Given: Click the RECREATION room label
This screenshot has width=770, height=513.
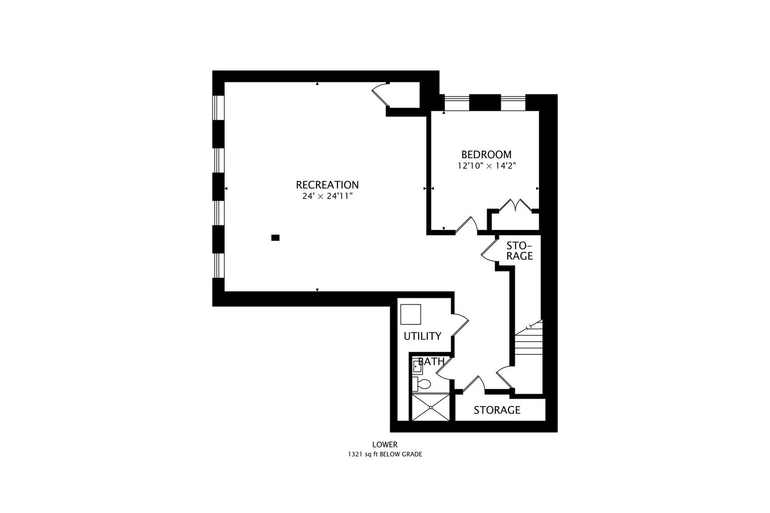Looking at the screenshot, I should click(x=327, y=185).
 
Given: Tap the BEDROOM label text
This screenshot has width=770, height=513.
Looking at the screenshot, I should click(x=486, y=154).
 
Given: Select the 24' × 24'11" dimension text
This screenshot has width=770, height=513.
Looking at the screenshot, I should click(x=327, y=196).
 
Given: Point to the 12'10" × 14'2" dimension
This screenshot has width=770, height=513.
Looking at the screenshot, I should click(x=486, y=166).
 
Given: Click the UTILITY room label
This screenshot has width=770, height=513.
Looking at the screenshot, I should click(x=422, y=336).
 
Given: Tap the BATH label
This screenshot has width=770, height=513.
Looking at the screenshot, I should click(x=432, y=361).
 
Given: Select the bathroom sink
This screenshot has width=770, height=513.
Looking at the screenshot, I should click(x=417, y=366).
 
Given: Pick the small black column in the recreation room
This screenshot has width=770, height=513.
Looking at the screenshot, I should click(x=275, y=237).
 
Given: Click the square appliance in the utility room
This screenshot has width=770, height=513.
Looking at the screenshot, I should click(x=411, y=314).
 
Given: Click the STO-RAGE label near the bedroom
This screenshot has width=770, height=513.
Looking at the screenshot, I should click(x=519, y=251).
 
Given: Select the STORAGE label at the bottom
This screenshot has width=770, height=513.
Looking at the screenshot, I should click(x=497, y=410).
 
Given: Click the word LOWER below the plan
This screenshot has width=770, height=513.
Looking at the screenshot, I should click(x=385, y=445).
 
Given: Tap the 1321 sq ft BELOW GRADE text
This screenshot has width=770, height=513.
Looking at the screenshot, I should click(x=385, y=455).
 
